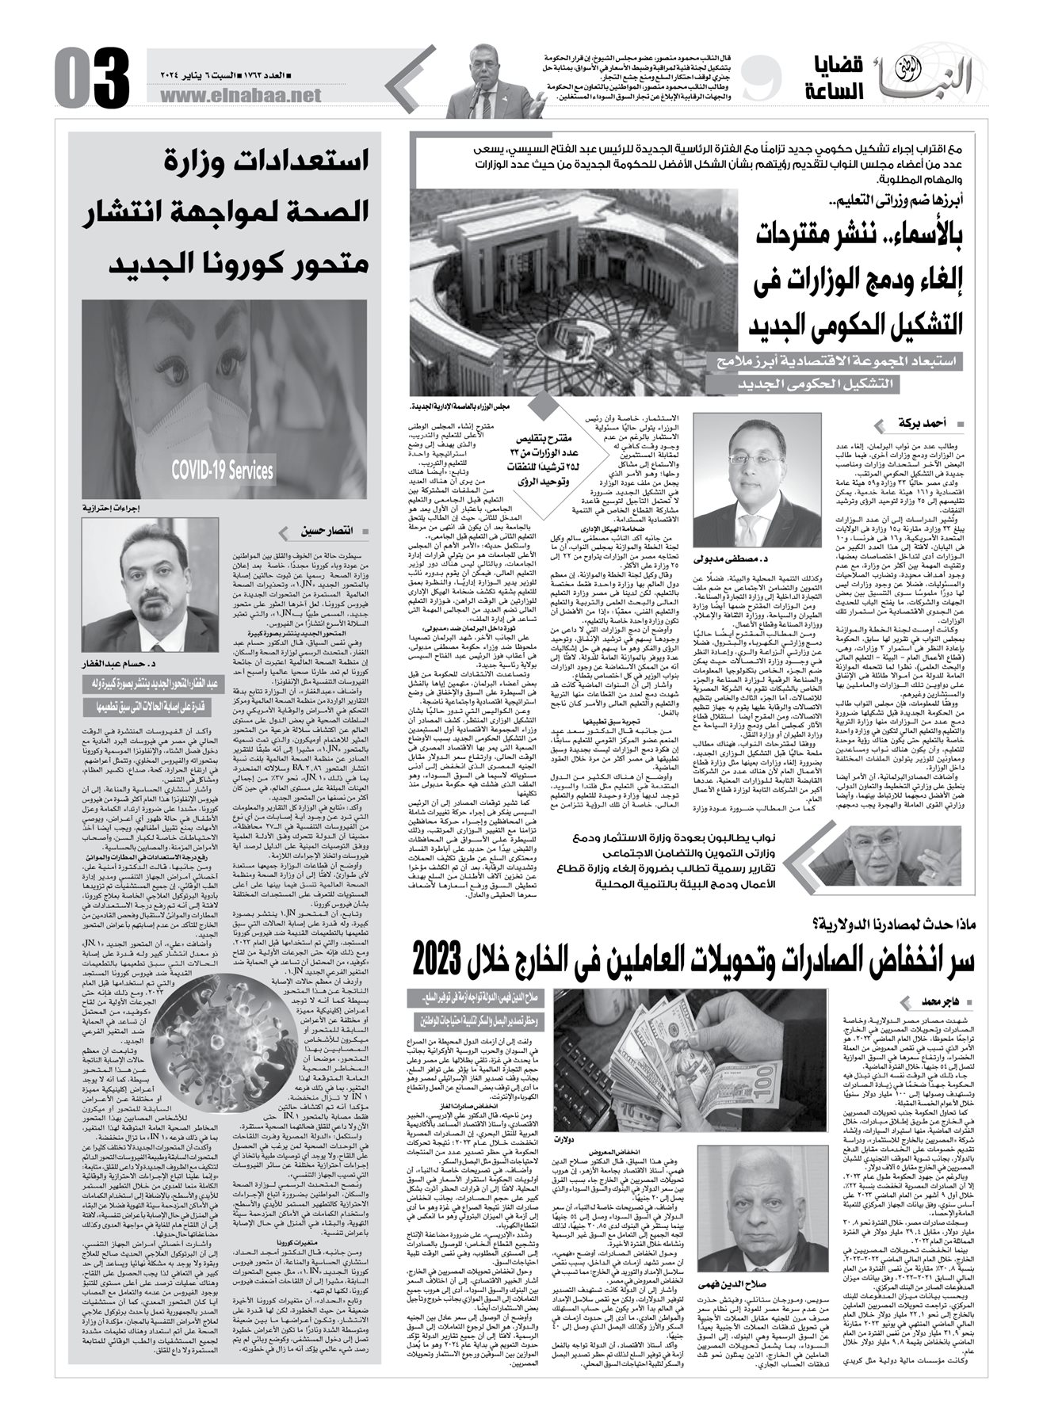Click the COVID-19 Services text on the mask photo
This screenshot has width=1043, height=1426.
coord(223,471)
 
